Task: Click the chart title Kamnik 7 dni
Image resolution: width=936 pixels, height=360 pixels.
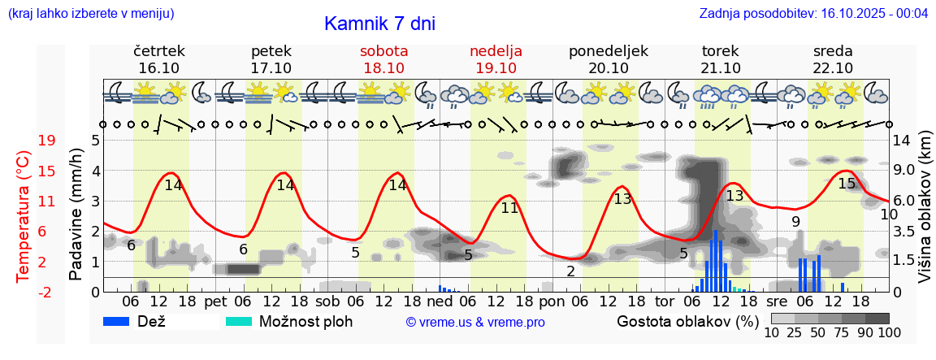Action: (x=379, y=24)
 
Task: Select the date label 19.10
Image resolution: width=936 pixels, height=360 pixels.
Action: (x=496, y=68)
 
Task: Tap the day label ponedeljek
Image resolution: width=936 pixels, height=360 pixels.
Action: (x=609, y=51)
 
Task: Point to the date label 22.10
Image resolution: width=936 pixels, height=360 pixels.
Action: (x=833, y=68)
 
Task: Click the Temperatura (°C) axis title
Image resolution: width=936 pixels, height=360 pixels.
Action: (x=24, y=215)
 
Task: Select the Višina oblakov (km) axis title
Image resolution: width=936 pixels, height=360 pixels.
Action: (x=924, y=215)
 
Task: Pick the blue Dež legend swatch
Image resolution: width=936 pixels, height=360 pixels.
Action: (x=122, y=321)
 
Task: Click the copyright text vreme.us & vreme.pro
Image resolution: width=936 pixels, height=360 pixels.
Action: (x=475, y=323)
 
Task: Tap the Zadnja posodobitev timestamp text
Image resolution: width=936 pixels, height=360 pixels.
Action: (x=813, y=13)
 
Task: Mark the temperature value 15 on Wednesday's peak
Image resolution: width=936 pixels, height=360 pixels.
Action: (x=847, y=184)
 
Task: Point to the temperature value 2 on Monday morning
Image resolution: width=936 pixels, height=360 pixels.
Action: (x=570, y=271)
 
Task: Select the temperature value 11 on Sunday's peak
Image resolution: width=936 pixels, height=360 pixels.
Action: (x=509, y=207)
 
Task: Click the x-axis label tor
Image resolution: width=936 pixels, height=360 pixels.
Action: (x=665, y=301)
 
